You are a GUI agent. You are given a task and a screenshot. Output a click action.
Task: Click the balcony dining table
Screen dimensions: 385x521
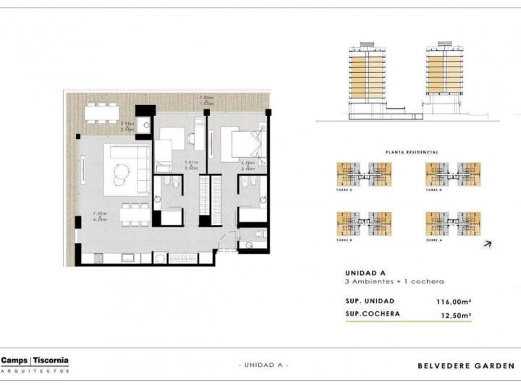click(102, 112)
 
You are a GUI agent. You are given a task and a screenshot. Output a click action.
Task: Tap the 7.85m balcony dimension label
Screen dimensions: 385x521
click(207, 97)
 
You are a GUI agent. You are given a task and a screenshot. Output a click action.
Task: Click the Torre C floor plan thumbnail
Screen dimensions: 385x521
click(364, 174)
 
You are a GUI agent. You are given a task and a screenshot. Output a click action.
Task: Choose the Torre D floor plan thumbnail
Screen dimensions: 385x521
click(453, 174)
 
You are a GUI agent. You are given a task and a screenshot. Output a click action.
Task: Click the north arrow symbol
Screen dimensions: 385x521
click(488, 244)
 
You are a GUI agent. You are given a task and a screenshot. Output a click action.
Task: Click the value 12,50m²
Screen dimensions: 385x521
click(457, 315)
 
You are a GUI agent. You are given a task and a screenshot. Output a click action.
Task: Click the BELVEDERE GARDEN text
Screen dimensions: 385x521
click(466, 365)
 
